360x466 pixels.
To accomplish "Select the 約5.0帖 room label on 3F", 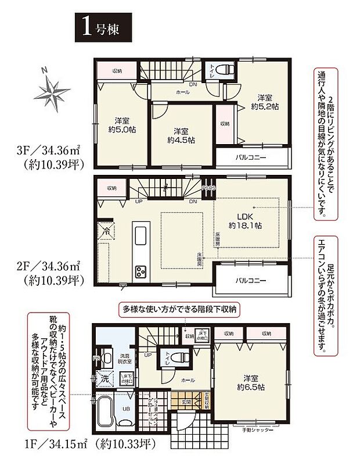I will [x=121, y=126].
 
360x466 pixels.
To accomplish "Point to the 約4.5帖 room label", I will [x=181, y=135].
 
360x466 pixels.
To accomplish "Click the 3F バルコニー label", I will [x=251, y=157].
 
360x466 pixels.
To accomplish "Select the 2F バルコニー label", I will [x=251, y=280].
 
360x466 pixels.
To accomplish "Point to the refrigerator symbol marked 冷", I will [x=106, y=230].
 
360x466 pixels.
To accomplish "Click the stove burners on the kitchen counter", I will [x=142, y=271].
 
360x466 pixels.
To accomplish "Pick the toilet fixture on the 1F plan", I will [x=177, y=357].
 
